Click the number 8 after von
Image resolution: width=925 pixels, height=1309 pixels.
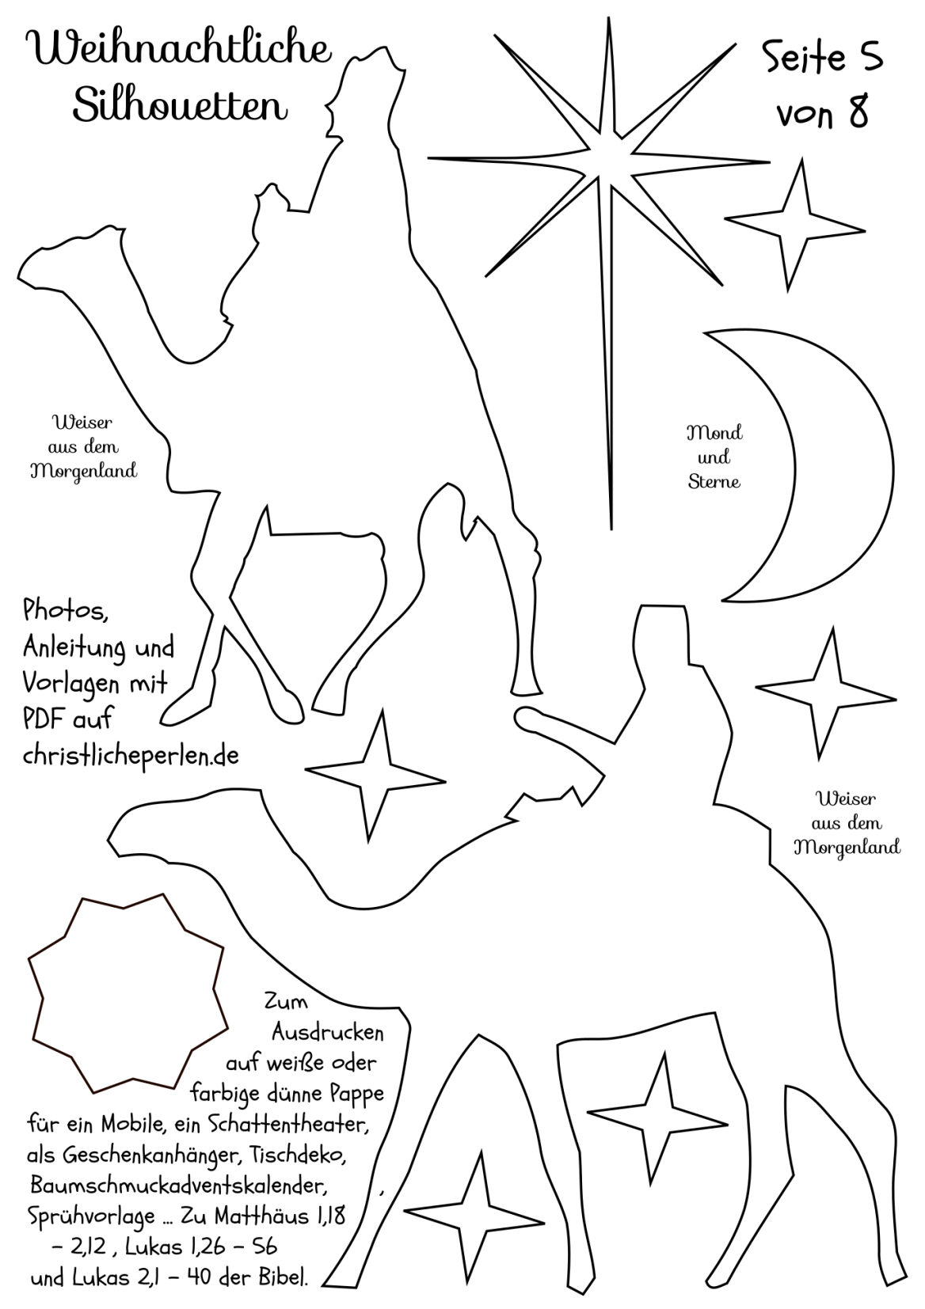click(858, 113)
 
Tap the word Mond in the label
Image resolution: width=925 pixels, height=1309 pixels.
click(714, 433)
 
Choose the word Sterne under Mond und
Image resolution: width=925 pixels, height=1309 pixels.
click(714, 482)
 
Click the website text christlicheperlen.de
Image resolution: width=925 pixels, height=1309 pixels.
click(131, 756)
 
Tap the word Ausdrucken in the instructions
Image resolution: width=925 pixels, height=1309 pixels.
click(327, 1033)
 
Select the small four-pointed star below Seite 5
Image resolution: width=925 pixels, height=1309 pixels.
click(795, 225)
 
